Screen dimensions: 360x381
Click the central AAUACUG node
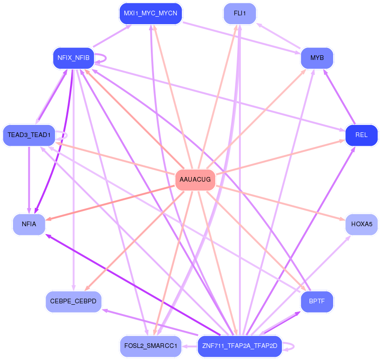(x=195, y=179)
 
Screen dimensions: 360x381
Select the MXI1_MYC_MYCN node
(x=150, y=13)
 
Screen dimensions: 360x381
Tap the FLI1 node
(x=239, y=13)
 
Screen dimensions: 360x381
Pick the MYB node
(x=317, y=58)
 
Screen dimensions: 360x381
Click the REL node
(x=361, y=135)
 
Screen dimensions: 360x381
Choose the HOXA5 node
(x=362, y=224)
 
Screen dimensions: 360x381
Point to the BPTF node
(x=317, y=301)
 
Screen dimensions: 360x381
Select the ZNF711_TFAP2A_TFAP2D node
(x=239, y=346)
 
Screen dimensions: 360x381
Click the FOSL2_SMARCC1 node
(x=150, y=346)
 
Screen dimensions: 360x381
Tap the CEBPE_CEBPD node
(x=73, y=301)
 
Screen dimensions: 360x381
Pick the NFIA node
(x=29, y=224)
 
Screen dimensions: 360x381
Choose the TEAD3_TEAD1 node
(x=29, y=135)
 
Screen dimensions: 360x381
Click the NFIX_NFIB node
(x=73, y=58)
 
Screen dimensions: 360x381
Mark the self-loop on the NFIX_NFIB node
(x=106, y=58)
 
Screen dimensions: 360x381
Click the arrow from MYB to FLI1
(x=278, y=36)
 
